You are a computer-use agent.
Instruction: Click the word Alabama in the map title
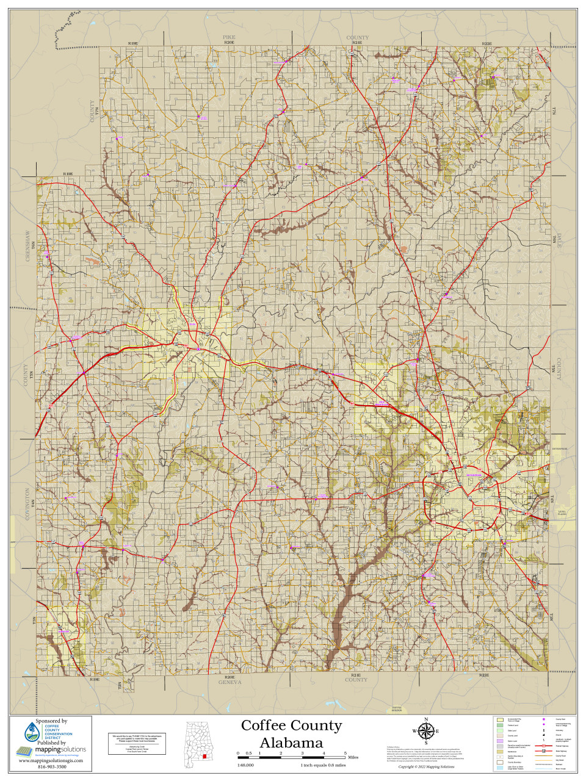pos(291,743)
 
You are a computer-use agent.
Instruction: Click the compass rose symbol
pos(427,731)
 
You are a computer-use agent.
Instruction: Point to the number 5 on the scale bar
pos(345,754)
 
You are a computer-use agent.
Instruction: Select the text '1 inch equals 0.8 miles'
pos(323,765)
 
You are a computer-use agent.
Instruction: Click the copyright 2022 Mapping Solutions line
pos(426,766)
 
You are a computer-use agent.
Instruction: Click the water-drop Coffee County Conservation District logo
pos(31,732)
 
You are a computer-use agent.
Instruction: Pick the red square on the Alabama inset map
pos(205,757)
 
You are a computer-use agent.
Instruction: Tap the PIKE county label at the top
pos(229,38)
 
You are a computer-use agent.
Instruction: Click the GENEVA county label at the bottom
pos(230,682)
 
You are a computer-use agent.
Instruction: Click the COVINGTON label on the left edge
pos(27,503)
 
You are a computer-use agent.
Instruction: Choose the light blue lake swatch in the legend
pos(500,768)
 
